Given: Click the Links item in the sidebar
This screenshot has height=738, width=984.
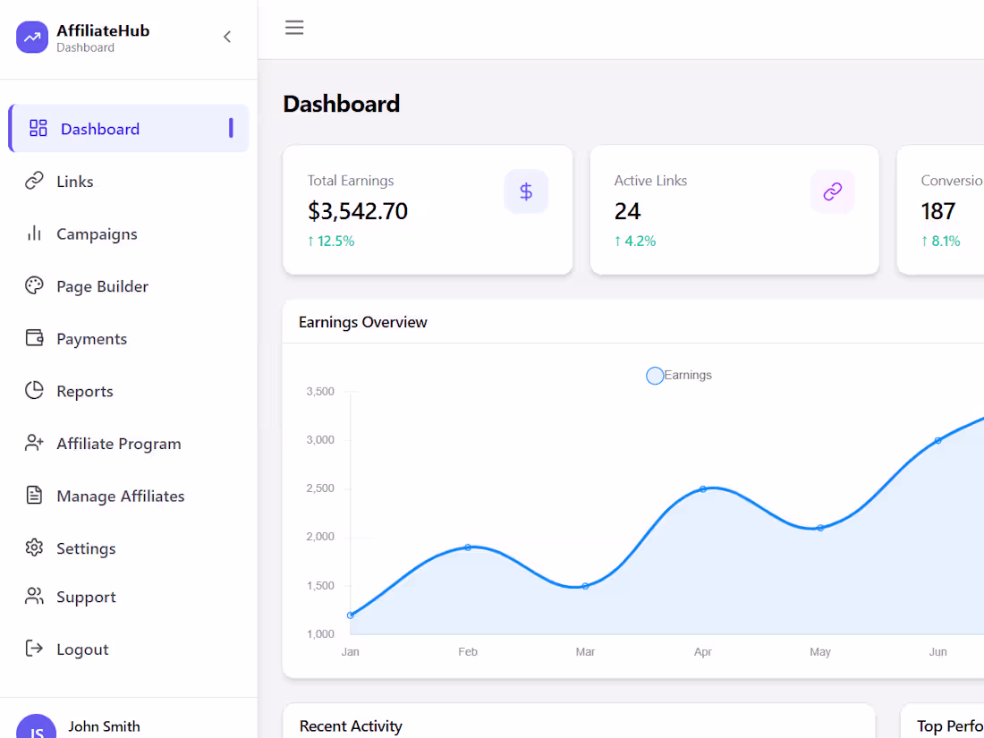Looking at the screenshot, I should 74,182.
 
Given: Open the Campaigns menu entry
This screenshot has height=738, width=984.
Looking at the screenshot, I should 97,234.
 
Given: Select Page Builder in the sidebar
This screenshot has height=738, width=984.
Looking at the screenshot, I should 102,286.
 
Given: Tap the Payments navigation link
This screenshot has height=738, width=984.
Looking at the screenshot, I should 91,339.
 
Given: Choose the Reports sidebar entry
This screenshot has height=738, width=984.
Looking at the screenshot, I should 84,391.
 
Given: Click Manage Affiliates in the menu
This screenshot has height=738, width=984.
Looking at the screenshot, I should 120,496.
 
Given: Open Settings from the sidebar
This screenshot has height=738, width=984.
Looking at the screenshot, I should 86,548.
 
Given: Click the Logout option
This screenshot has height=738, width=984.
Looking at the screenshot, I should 82,649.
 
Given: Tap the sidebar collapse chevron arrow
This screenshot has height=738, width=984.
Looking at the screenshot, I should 227,37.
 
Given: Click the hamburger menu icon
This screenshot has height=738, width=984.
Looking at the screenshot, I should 294,28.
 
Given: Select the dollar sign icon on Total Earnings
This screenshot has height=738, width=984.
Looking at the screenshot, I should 526,191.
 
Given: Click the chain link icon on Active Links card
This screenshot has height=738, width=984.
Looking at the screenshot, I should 833,191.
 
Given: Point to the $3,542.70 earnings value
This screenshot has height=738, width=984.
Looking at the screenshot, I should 358,211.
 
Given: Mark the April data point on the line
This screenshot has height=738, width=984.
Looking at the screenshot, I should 703,489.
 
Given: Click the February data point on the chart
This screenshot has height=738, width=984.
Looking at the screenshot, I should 468,547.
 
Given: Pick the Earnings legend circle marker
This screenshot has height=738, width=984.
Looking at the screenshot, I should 655,376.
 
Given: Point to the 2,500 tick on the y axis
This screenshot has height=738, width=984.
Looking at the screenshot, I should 320,488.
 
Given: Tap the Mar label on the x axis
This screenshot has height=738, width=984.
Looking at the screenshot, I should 585,652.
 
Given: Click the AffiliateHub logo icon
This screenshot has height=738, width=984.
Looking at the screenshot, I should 32,38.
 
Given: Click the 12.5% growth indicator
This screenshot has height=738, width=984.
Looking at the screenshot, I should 331,241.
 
